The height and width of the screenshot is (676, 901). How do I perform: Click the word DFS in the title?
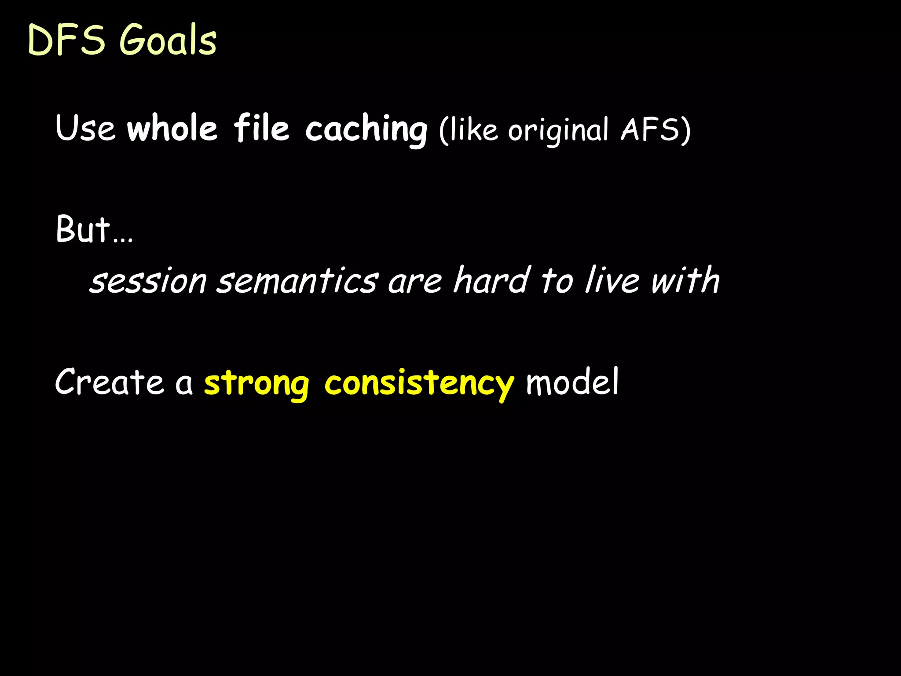click(66, 40)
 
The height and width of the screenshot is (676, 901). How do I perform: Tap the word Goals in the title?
click(168, 40)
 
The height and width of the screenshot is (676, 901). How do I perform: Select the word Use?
click(85, 129)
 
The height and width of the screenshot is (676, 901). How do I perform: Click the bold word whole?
click(172, 129)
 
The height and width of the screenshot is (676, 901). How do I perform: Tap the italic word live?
click(612, 280)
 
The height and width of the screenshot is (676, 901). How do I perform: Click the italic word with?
click(685, 280)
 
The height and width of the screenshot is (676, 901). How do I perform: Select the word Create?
click(109, 382)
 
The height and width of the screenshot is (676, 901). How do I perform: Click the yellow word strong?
click(256, 384)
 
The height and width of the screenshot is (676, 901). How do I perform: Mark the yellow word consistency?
click(419, 384)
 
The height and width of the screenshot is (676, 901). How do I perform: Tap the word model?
click(572, 382)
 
